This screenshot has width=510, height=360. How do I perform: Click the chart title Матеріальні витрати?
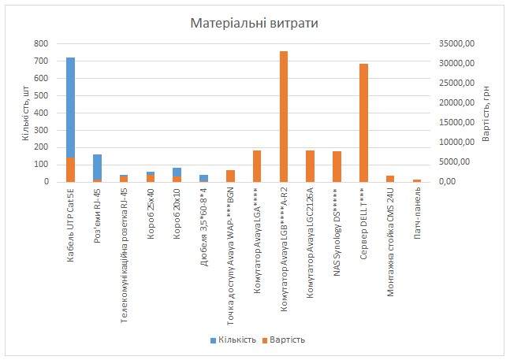point(254,24)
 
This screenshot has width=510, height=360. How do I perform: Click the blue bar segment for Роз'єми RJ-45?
point(97,166)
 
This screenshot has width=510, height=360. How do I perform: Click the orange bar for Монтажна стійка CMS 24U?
point(390,179)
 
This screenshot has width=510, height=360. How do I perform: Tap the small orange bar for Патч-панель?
point(417,180)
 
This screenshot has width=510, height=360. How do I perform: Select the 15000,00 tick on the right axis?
point(457,122)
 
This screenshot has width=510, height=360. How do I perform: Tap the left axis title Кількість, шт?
point(25,113)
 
